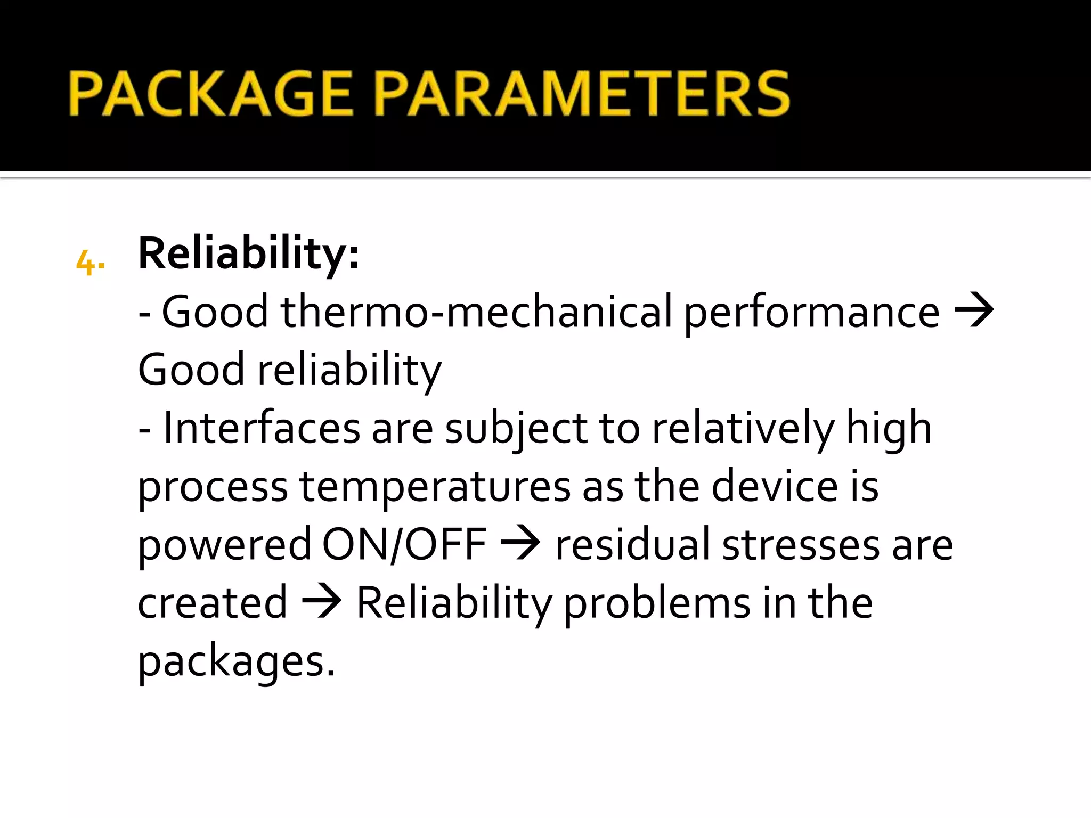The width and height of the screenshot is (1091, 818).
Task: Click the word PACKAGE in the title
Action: [x=210, y=94]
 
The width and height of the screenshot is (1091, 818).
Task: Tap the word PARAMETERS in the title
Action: [x=583, y=94]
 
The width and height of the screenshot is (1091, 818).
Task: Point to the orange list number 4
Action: [x=89, y=263]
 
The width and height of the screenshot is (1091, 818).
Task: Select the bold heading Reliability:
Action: [x=248, y=253]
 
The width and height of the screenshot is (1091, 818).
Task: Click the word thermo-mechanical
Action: [x=476, y=312]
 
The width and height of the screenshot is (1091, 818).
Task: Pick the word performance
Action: [x=811, y=313]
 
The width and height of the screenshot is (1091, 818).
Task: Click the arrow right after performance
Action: [x=974, y=310]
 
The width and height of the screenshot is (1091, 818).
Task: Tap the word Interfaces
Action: [x=262, y=428]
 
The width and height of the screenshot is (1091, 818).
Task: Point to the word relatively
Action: [x=743, y=429]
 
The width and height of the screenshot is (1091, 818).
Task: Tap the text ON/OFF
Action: [x=404, y=545]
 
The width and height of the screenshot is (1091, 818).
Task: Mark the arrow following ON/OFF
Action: [x=520, y=544]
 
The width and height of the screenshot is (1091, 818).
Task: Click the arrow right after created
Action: [x=321, y=602]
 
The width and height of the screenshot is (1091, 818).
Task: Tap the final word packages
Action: [x=236, y=662]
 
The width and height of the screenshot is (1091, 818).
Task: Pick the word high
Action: [x=889, y=429]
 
